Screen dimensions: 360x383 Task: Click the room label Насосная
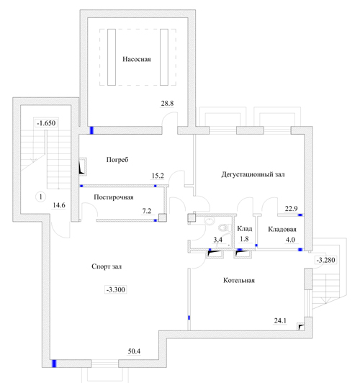[137, 59]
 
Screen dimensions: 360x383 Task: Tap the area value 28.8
[167, 104]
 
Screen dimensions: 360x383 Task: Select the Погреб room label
[117, 160]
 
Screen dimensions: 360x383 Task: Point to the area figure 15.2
[158, 176]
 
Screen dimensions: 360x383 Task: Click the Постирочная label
[114, 197]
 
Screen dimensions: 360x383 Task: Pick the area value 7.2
[147, 211]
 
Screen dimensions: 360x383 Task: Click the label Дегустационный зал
[253, 174]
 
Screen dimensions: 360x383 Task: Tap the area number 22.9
[291, 209]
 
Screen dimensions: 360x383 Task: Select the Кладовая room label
[282, 229]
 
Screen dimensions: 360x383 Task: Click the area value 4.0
[290, 240]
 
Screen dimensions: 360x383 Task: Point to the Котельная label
[239, 280]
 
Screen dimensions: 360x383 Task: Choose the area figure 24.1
[280, 320]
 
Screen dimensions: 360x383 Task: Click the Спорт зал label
[107, 266]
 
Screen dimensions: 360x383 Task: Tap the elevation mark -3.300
[116, 289]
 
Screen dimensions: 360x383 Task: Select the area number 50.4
[134, 351]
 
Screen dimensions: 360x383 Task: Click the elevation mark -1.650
[46, 123]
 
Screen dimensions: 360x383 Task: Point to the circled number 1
[41, 197]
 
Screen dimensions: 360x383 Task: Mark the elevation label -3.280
[326, 260]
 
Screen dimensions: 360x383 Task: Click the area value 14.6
[59, 205]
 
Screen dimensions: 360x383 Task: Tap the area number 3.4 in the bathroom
[217, 240]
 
